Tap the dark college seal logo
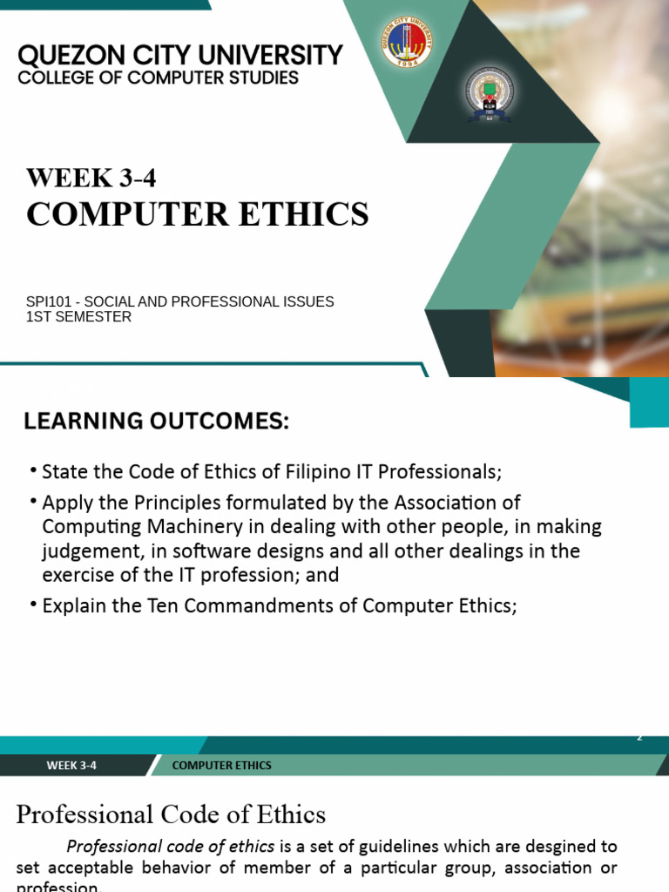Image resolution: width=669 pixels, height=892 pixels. click(489, 93)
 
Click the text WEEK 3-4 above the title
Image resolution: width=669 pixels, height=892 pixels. click(91, 178)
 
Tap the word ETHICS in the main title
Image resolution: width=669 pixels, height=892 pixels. click(308, 214)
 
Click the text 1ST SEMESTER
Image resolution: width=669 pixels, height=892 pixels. click(78, 317)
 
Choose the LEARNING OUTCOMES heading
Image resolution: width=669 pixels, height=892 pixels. click(156, 422)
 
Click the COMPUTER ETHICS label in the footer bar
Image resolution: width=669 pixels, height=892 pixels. click(222, 766)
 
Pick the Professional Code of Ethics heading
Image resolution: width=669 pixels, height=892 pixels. click(171, 814)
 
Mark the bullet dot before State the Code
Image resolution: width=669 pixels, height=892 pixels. click(32, 471)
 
